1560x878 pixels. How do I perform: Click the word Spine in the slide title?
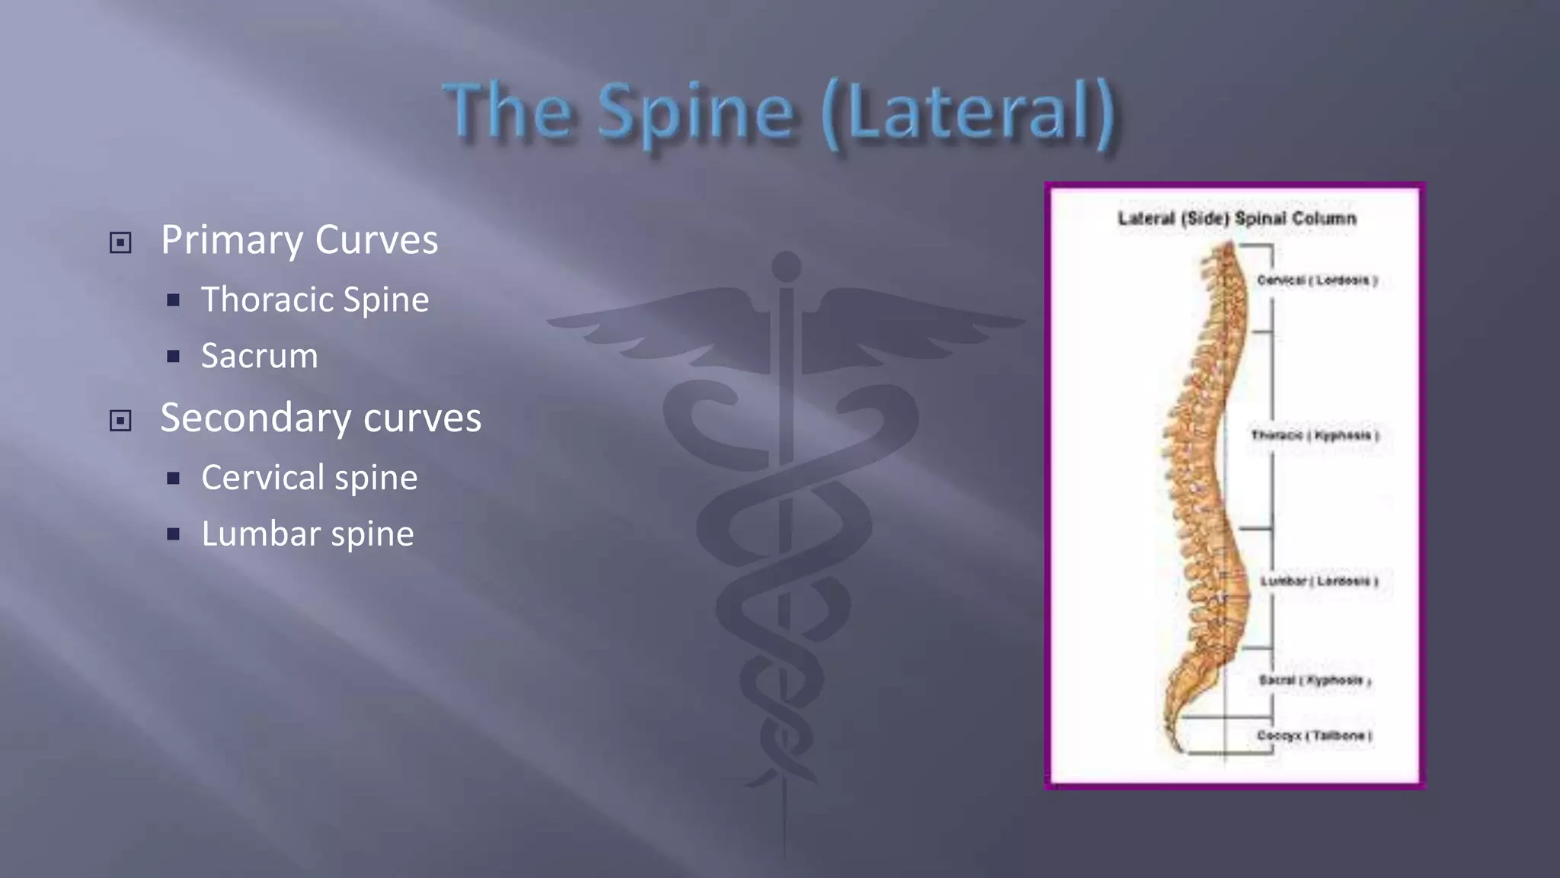tap(695, 113)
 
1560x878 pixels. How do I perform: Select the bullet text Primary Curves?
tap(299, 240)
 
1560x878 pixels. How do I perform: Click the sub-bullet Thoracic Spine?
tap(315, 300)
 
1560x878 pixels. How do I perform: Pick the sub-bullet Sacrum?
tap(259, 356)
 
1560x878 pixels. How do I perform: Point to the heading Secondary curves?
tap(321, 418)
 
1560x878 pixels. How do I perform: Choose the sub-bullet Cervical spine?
tap(309, 478)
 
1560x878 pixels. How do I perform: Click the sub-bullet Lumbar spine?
tap(308, 534)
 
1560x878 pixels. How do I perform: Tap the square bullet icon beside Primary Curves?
tap(120, 243)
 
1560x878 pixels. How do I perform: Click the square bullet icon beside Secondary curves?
tap(120, 421)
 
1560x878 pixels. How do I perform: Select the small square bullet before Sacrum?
tap(174, 357)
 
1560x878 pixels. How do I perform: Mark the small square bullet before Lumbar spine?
tap(174, 534)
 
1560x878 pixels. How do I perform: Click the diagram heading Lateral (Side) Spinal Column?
tap(1237, 219)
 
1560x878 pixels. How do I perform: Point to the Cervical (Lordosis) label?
tap(1317, 280)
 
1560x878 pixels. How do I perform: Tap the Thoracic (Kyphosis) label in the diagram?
tap(1315, 435)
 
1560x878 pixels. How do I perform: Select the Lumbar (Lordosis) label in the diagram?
tap(1319, 582)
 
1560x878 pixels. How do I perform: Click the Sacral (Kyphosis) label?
tap(1315, 680)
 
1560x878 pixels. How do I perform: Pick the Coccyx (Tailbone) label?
tap(1314, 735)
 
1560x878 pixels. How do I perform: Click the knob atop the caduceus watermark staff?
tap(786, 267)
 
